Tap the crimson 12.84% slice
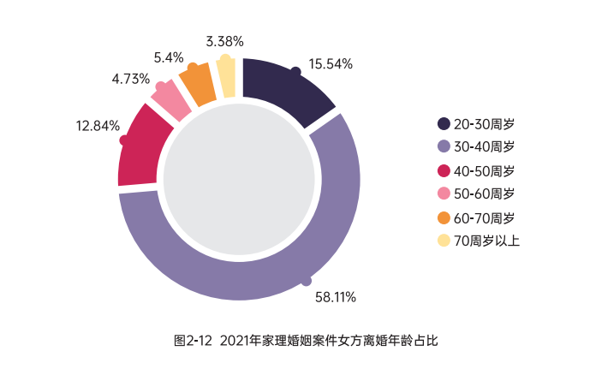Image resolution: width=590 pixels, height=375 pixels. (142, 151)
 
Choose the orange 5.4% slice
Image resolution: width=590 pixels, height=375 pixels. (199, 85)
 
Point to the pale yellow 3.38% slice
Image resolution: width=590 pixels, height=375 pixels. (227, 77)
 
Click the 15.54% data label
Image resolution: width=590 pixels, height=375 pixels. (331, 64)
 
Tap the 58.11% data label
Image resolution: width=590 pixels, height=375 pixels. (336, 297)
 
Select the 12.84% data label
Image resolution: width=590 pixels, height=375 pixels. (98, 126)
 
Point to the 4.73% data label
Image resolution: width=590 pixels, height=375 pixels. (130, 79)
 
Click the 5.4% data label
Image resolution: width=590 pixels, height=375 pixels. (169, 57)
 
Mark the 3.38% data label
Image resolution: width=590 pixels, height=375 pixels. (224, 41)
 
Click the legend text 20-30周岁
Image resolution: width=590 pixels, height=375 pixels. (484, 124)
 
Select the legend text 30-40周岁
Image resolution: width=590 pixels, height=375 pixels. (484, 146)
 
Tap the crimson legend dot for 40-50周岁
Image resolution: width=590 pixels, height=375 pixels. (444, 170)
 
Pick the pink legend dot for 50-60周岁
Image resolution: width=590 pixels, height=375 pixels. (444, 193)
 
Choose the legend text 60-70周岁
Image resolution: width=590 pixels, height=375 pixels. (484, 218)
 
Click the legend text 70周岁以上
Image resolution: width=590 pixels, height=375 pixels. (486, 241)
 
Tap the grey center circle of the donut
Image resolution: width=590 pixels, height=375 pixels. (239, 179)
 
